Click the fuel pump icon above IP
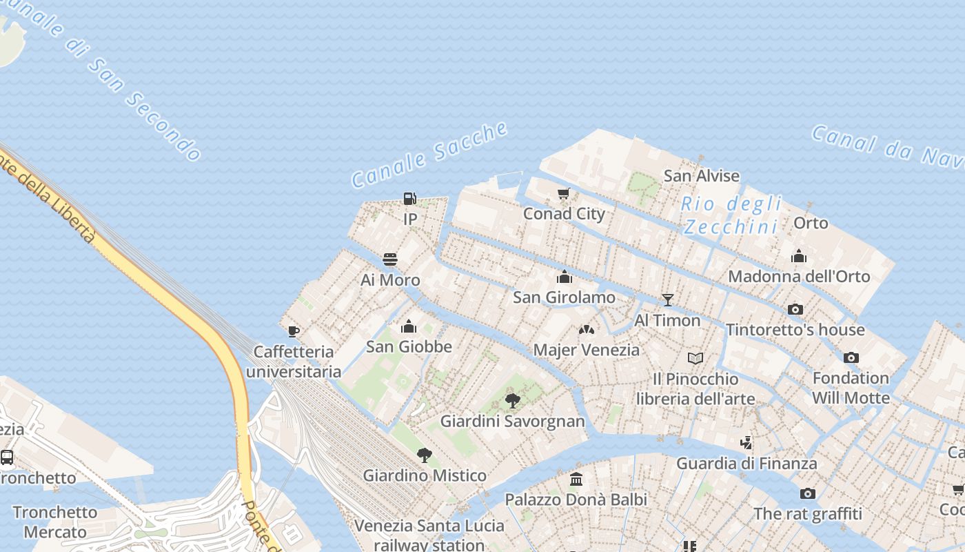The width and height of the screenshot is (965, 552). [409, 199]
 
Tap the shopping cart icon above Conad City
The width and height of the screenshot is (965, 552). [564, 193]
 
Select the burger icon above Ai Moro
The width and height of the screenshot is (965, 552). [390, 259]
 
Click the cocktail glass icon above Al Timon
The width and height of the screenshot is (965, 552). [667, 299]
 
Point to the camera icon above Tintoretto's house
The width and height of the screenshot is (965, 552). [795, 309]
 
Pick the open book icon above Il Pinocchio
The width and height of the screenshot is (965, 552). [695, 358]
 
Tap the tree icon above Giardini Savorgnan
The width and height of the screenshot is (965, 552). [512, 400]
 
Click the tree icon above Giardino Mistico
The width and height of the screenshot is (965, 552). [425, 455]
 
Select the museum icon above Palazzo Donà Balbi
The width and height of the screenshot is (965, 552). [576, 479]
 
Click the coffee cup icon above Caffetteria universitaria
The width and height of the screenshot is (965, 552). [294, 332]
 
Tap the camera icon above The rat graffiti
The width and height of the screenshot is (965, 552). [808, 493]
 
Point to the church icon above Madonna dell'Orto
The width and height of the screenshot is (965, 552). [799, 257]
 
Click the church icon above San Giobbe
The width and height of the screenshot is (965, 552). [409, 326]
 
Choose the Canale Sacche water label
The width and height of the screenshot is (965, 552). [430, 154]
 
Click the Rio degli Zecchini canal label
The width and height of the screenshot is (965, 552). [731, 215]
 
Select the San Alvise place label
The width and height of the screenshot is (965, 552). [701, 176]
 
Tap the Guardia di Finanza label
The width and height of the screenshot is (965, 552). [746, 463]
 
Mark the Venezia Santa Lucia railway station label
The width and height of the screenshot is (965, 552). [429, 535]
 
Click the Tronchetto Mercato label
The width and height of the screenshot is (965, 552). [55, 522]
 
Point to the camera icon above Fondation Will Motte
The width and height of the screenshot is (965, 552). [851, 357]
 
